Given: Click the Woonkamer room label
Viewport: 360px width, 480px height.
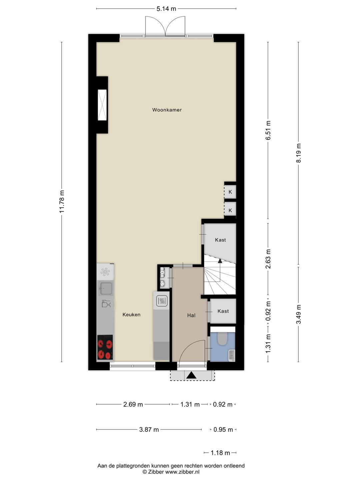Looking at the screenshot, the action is click(x=167, y=110).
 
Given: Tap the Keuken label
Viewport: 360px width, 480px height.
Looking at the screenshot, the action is click(x=131, y=314).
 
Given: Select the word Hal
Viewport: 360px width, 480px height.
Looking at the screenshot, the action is click(x=191, y=315).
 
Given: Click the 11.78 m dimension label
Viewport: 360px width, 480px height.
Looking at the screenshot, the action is click(x=62, y=201).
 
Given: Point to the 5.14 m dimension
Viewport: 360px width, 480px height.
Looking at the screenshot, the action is click(x=166, y=9).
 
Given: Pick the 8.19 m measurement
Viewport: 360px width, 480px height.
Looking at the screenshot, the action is click(x=299, y=153).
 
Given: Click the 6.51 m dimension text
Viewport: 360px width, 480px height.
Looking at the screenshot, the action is click(x=268, y=130).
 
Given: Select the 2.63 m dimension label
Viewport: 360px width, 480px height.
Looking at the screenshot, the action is click(x=268, y=259).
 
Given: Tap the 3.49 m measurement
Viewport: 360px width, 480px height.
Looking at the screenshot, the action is click(x=299, y=314).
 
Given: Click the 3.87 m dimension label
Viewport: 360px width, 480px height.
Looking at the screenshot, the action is click(x=149, y=430).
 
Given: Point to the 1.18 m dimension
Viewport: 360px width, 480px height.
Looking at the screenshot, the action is click(x=220, y=453).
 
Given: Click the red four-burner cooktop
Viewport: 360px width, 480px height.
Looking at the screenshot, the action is click(x=105, y=347).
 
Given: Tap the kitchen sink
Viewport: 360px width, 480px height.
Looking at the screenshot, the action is click(x=106, y=288).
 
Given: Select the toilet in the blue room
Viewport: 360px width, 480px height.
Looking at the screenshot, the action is click(x=223, y=339).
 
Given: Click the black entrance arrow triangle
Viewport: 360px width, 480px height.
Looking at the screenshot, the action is click(x=192, y=375).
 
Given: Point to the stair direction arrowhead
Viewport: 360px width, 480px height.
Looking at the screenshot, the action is click(x=220, y=260).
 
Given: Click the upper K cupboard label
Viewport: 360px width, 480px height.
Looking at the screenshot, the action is click(x=230, y=192).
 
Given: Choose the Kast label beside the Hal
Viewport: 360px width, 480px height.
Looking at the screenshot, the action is click(x=223, y=311).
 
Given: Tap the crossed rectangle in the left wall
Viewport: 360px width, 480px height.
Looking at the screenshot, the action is click(x=102, y=105).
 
